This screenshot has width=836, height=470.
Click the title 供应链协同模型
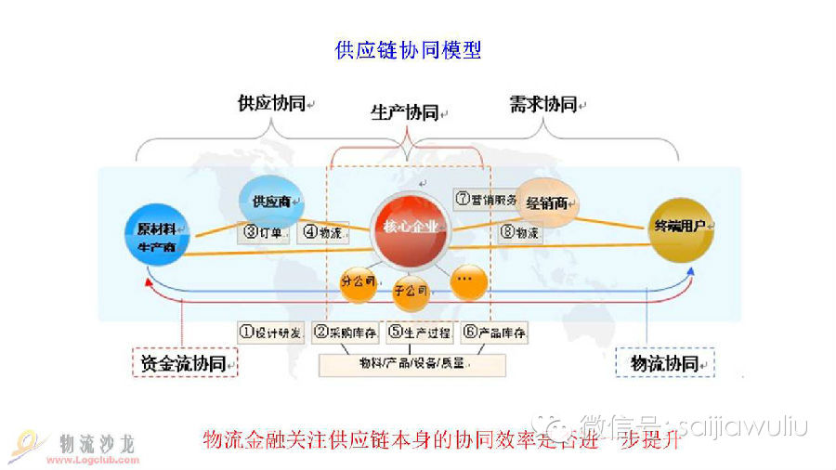(409, 49)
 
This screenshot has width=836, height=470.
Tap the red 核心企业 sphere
(410, 227)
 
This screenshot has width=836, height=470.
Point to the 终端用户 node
(682, 226)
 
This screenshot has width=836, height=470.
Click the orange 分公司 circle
(358, 281)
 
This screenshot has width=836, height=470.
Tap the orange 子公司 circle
(411, 291)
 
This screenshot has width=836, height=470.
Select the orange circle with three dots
(466, 279)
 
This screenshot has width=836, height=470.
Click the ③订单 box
(263, 233)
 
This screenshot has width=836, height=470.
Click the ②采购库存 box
(345, 332)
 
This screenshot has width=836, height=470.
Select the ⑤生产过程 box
(419, 332)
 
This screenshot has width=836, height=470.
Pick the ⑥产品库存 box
(494, 332)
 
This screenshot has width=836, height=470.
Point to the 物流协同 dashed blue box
(666, 362)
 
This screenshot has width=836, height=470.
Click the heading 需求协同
(543, 104)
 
